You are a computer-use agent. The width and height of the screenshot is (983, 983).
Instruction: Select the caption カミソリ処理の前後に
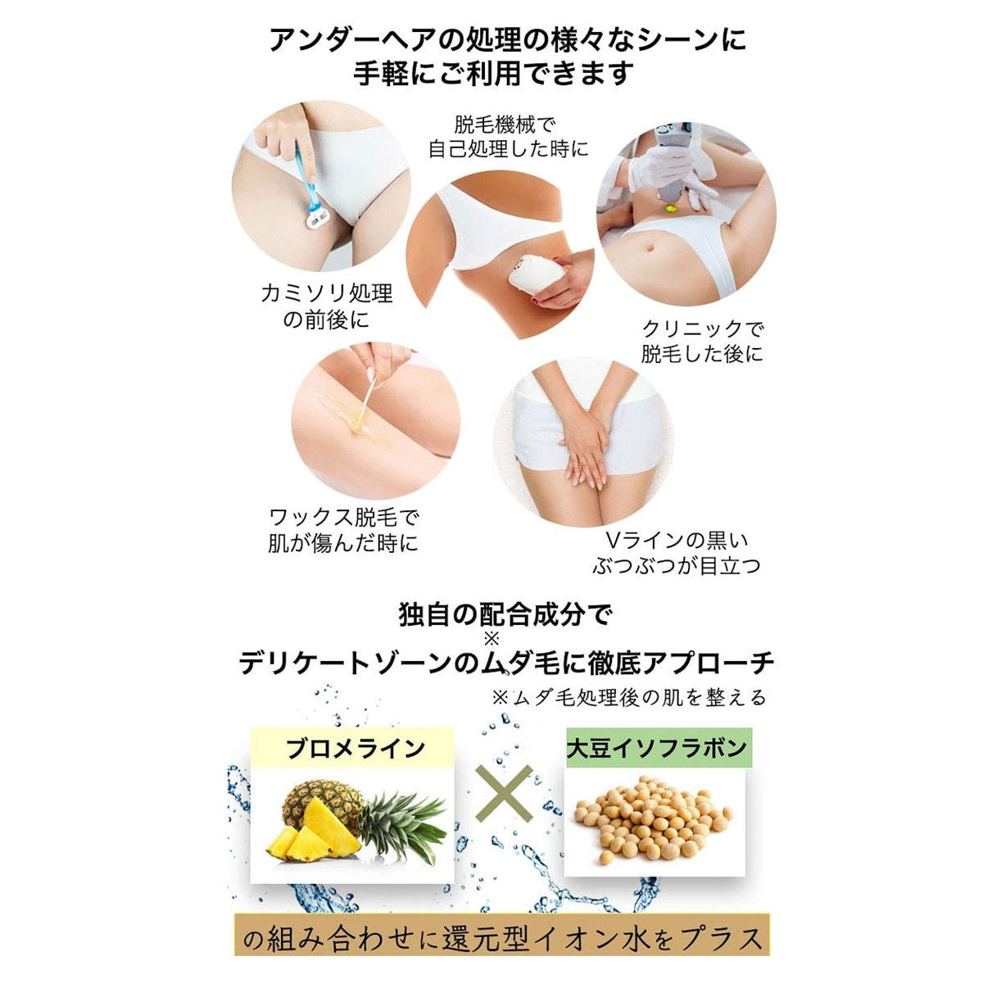327,306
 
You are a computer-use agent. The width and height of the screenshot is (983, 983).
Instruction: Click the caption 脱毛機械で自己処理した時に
508,136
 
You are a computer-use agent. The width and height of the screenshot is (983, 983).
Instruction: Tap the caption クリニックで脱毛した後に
702,342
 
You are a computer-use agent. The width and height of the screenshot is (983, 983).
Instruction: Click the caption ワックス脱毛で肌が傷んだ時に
342,532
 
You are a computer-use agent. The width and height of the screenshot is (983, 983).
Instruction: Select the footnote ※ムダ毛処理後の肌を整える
629,697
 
